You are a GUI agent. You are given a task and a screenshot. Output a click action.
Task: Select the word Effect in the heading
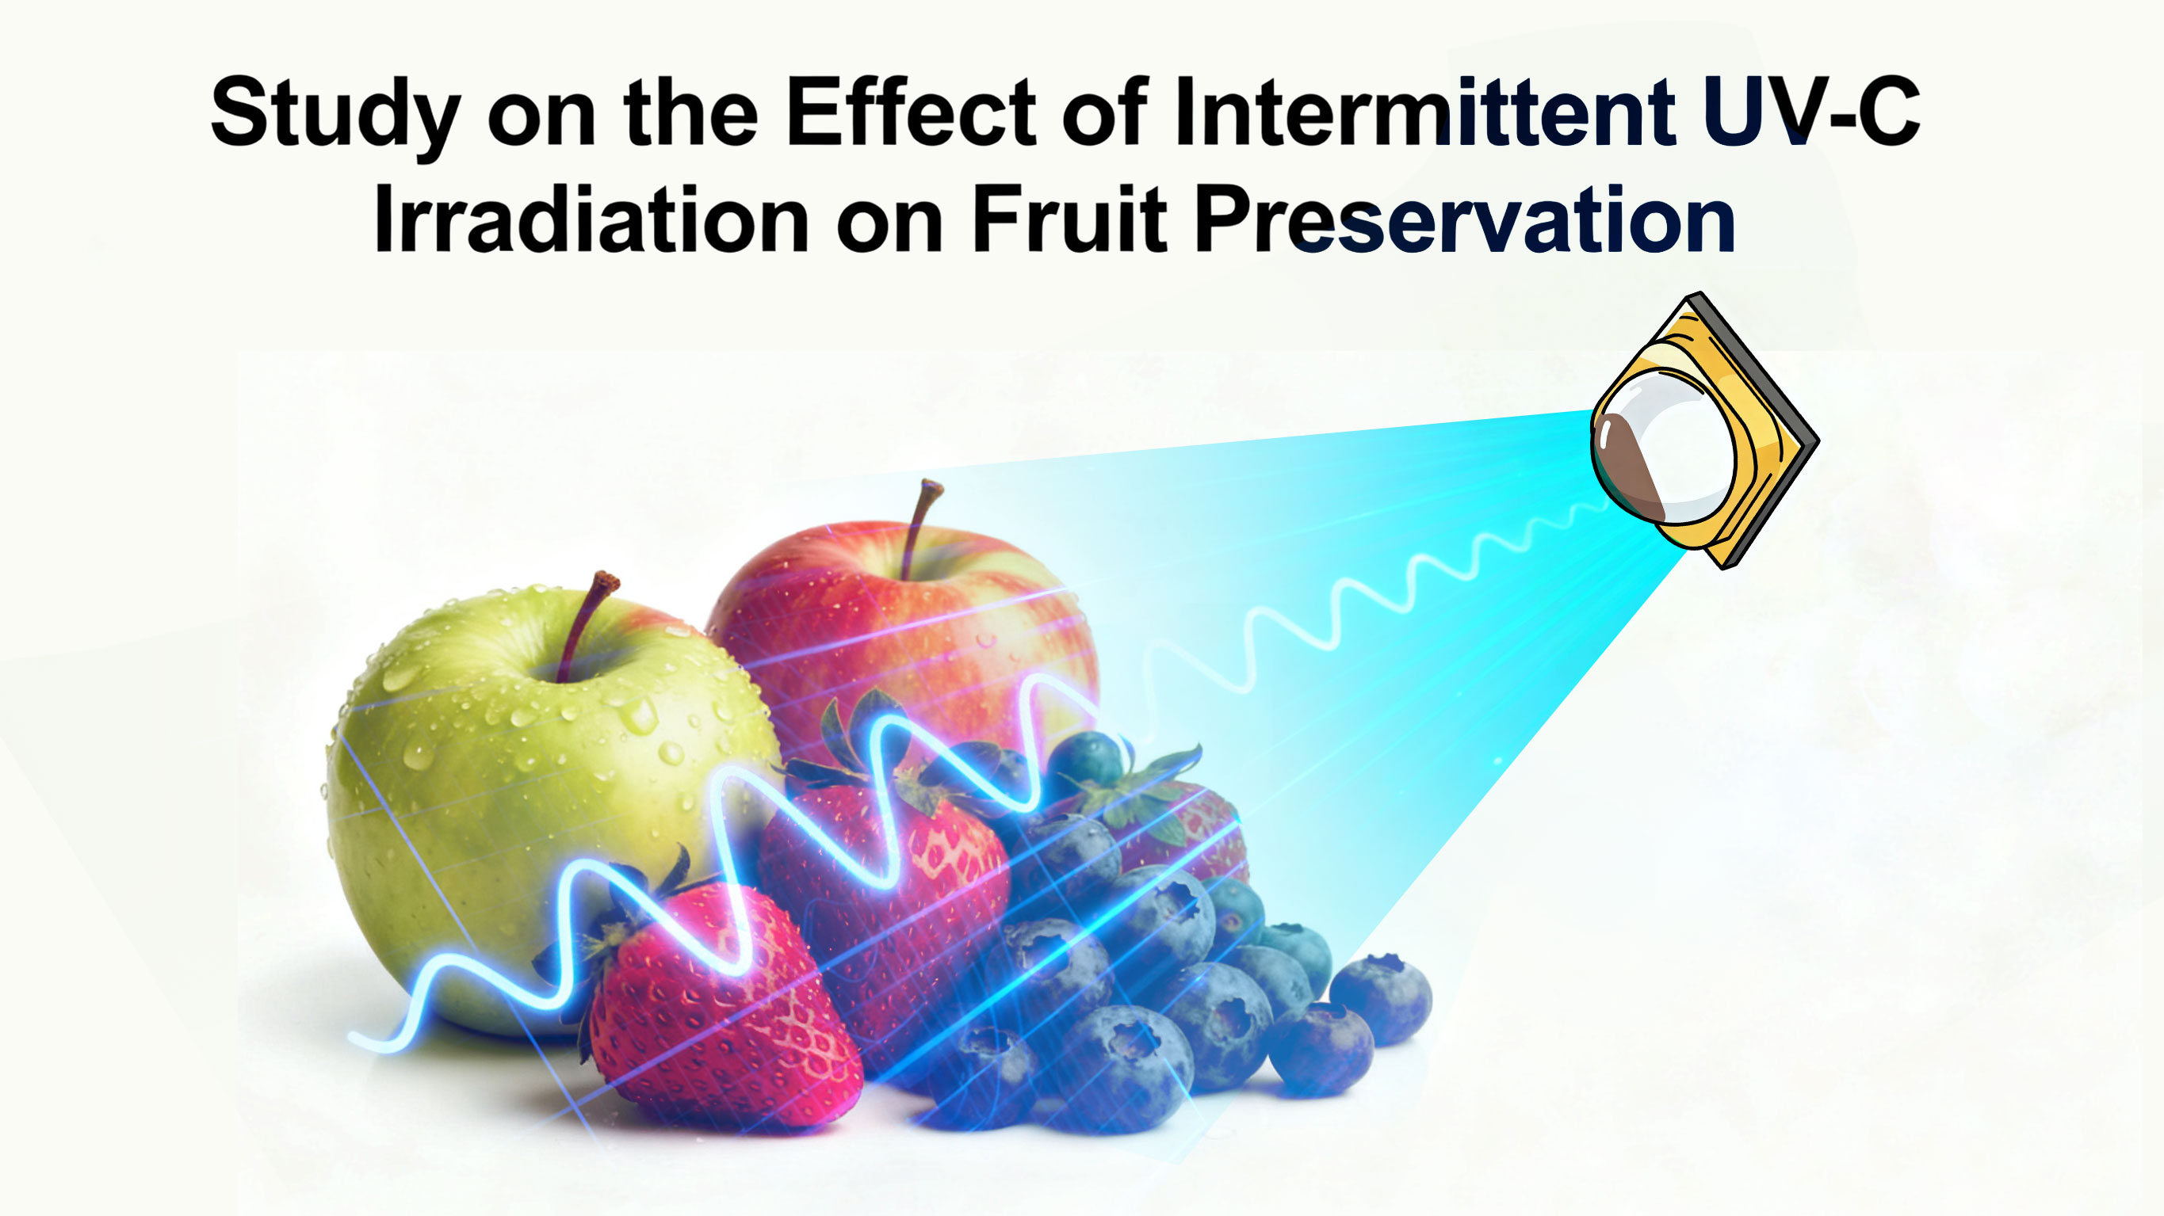(x=911, y=111)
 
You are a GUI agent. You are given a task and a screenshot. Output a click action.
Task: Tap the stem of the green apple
(x=586, y=621)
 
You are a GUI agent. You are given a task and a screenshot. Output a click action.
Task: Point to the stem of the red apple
(x=920, y=525)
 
